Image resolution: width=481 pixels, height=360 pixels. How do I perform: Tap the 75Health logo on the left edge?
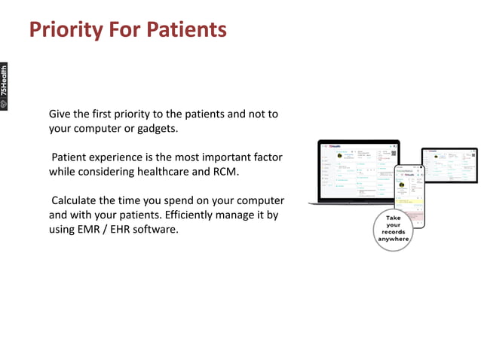pyautogui.click(x=5, y=87)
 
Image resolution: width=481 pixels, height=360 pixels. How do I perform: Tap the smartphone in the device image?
pyautogui.click(x=410, y=194)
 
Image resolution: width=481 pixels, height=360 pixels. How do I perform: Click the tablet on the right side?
pyautogui.click(x=449, y=164)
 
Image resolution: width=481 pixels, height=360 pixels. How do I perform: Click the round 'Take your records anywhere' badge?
pyautogui.click(x=393, y=229)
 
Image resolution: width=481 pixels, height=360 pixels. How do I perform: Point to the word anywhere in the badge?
pyautogui.click(x=393, y=239)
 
